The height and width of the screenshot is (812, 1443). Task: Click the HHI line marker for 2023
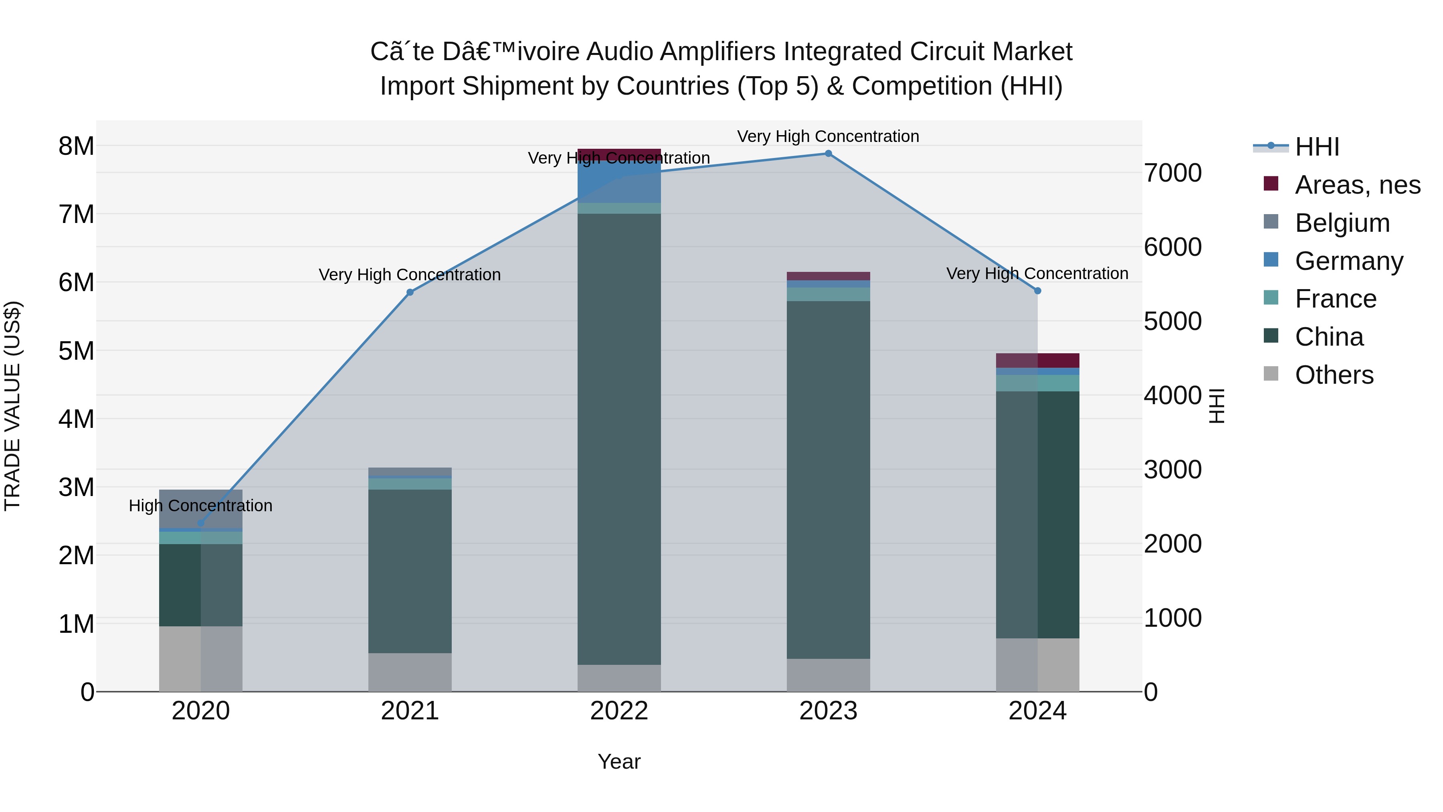828,154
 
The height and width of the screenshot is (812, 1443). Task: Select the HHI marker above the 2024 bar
1037,291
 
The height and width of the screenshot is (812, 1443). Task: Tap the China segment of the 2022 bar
619,437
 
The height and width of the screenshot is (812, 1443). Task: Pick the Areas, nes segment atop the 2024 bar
1037,360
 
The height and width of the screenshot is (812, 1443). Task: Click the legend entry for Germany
1348,261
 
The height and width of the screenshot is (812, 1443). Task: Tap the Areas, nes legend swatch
1271,184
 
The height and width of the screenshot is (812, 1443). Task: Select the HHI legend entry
1316,147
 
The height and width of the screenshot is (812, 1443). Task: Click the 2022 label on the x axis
619,711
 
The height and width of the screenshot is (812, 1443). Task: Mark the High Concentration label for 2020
200,506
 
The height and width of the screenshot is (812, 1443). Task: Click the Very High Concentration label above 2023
828,136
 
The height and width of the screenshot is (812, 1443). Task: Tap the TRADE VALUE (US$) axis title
12,406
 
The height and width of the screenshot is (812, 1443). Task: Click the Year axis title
619,761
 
